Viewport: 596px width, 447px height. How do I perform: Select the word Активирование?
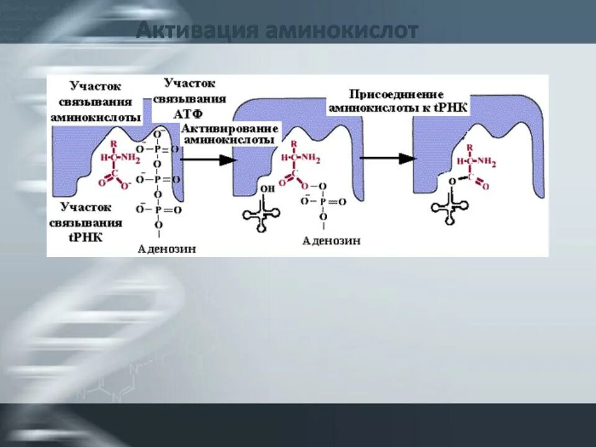pos(230,128)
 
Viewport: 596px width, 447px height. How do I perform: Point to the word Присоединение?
pos(396,95)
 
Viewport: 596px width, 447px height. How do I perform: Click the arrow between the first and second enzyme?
pos(209,160)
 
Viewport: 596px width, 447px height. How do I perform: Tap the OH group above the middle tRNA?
pos(267,189)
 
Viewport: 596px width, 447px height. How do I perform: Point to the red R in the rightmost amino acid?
pos(470,148)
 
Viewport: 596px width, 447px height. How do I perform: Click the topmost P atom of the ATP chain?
pos(157,149)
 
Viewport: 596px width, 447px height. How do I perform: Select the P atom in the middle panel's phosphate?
pos(323,201)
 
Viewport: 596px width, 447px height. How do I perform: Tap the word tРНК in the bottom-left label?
pos(86,237)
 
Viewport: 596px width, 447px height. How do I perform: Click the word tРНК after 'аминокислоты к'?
pos(455,107)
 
